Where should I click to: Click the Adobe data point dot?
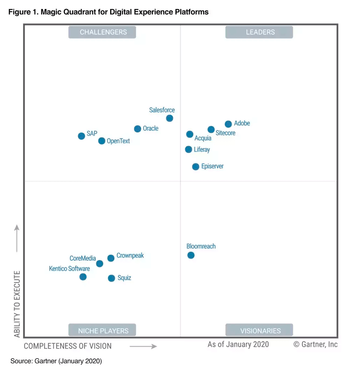click(x=228, y=124)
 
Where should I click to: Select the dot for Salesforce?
click(x=169, y=118)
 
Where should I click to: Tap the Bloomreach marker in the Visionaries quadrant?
click(x=191, y=255)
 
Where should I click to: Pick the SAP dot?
click(x=81, y=136)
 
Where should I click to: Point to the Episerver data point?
click(x=196, y=167)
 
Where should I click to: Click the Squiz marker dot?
click(x=111, y=278)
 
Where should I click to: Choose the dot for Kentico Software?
click(x=83, y=277)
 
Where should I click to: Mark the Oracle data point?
click(x=137, y=129)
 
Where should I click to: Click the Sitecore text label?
click(x=225, y=133)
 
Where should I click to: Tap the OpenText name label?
click(x=118, y=141)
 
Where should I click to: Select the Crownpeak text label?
click(x=130, y=256)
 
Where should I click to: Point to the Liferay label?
click(x=202, y=150)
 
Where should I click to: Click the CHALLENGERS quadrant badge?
click(x=102, y=32)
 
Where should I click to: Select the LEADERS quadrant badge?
click(x=259, y=32)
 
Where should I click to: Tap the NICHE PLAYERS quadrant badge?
click(x=102, y=330)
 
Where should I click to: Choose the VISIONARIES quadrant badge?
click(x=259, y=330)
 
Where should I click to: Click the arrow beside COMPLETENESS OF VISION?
click(x=143, y=346)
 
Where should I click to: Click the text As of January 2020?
click(x=238, y=344)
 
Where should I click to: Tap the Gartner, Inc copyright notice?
click(x=315, y=344)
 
